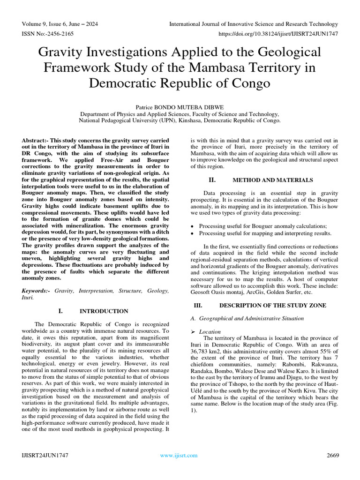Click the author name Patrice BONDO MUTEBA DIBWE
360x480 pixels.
click(180, 106)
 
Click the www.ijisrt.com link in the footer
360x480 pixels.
click(179, 455)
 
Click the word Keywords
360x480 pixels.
click(35, 291)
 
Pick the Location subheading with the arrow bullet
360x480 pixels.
click(210, 331)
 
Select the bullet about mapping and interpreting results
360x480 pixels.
click(265, 233)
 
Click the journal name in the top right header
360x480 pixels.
click(253, 24)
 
